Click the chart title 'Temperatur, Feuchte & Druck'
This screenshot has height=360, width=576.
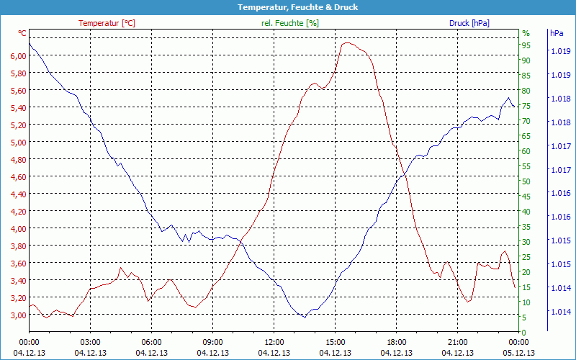[287, 7]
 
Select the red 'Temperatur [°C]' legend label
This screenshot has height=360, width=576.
[107, 23]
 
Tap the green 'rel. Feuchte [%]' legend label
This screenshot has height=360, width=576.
[289, 23]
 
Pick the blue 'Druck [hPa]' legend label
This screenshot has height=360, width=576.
[469, 23]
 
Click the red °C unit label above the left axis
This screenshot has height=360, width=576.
[22, 33]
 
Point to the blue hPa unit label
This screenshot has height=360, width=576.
[557, 33]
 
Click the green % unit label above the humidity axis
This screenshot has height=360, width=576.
[526, 33]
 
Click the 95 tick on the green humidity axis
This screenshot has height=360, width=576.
[526, 45]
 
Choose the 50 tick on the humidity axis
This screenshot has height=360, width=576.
[526, 181]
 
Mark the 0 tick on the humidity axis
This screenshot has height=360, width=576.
[523, 332]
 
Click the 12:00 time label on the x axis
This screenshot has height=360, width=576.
[274, 342]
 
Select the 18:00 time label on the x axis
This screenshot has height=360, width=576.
[396, 342]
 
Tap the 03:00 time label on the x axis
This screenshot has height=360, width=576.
[90, 342]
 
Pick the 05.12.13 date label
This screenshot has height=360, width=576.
[518, 353]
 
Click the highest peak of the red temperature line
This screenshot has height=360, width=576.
[347, 42]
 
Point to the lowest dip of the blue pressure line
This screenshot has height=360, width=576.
[304, 317]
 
